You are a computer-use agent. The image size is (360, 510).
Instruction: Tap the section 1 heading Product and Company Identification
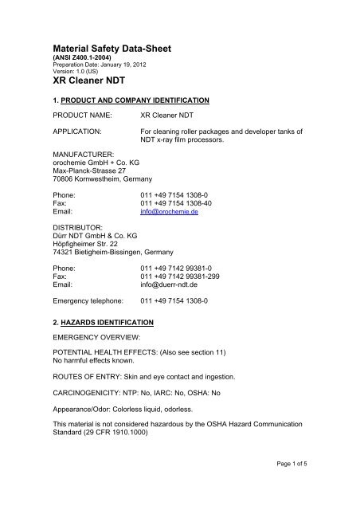click(131, 101)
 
